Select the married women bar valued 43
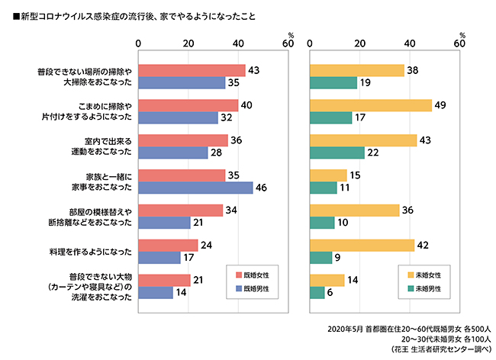tap(192, 70)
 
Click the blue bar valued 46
tap(195, 188)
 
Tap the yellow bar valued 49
tap(371, 105)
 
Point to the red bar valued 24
tap(168, 246)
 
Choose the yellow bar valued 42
tap(362, 246)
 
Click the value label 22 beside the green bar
tap(372, 153)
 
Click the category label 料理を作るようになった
tap(90, 251)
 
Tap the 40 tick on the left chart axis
tap(237, 44)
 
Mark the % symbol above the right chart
tap(462, 35)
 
